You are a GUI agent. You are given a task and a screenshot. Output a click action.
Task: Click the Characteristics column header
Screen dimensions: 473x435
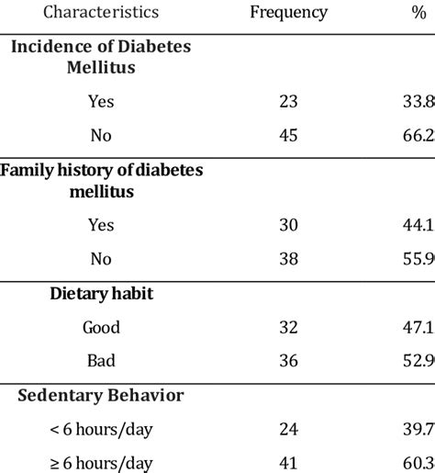[101, 12]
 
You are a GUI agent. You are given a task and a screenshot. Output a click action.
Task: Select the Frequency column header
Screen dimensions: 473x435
[288, 12]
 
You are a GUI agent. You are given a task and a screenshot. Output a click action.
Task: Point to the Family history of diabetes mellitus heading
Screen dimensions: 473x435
[101, 180]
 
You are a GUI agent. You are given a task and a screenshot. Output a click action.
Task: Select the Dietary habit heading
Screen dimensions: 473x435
[101, 294]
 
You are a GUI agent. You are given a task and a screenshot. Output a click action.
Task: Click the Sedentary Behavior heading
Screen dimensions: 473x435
[101, 396]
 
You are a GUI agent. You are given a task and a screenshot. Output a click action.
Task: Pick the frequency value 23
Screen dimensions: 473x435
[288, 101]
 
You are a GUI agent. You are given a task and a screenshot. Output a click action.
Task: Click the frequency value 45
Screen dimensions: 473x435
[288, 135]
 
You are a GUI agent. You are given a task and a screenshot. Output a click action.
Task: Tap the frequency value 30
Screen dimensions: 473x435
[288, 224]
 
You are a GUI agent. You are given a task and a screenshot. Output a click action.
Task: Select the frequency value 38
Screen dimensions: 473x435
[288, 259]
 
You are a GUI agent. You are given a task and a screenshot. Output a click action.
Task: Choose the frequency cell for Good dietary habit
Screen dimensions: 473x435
[288, 327]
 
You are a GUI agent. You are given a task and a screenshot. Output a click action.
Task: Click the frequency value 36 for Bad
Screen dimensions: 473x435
[288, 361]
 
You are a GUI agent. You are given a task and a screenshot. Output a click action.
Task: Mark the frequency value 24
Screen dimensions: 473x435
[288, 430]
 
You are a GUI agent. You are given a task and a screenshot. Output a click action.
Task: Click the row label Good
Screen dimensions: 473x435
[101, 327]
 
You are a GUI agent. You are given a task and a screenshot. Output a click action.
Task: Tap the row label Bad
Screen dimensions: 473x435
[101, 361]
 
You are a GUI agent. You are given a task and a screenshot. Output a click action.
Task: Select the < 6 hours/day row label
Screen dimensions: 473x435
[101, 430]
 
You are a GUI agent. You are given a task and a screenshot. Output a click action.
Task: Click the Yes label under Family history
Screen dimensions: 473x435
[101, 224]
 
